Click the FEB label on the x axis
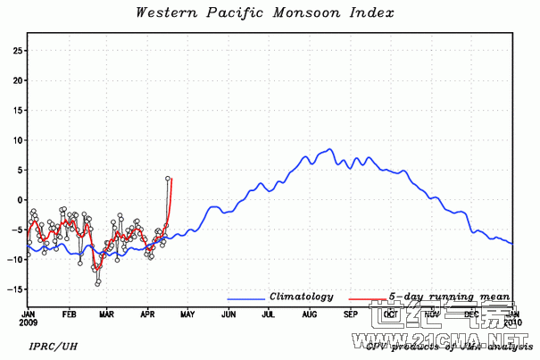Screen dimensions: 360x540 click(x=69, y=315)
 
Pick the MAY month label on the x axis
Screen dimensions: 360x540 click(x=187, y=315)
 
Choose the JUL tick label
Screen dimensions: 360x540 click(x=268, y=315)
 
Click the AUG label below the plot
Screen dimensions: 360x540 click(x=310, y=315)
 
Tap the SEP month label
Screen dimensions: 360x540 click(x=351, y=315)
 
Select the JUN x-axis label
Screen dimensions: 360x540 click(x=228, y=315)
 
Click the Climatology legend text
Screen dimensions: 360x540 click(x=302, y=297)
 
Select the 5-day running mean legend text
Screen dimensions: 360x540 click(x=449, y=297)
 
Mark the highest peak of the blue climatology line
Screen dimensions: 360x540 click(x=330, y=149)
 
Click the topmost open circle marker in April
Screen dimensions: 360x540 click(x=168, y=179)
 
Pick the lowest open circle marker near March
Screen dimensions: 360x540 click(x=98, y=282)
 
